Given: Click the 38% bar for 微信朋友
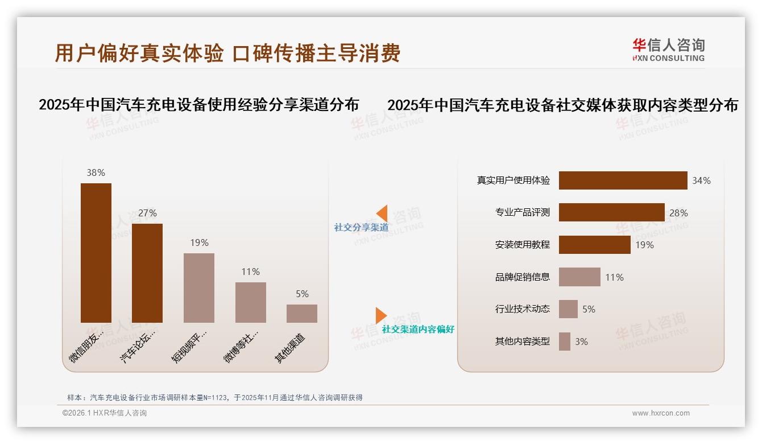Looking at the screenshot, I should click(x=96, y=253).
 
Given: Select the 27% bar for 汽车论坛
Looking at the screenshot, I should click(x=147, y=273).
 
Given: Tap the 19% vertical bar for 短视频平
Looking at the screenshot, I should click(x=199, y=288).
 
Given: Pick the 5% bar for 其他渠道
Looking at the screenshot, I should click(x=302, y=314).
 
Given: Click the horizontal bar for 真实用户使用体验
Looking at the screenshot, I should click(x=623, y=180).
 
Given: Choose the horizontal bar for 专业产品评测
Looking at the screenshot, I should click(x=611, y=212).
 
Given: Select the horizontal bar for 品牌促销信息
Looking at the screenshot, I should click(x=579, y=277).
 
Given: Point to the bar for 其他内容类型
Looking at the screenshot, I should click(x=565, y=342).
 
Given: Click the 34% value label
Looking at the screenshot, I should click(x=701, y=181).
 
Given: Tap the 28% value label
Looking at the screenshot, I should click(x=678, y=213).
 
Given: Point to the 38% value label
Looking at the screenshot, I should click(x=96, y=172).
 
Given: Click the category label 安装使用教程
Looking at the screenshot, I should click(x=523, y=245).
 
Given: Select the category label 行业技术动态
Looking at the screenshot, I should click(x=523, y=309).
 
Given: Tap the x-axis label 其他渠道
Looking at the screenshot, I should click(x=290, y=348).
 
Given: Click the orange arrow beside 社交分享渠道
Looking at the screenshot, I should click(x=382, y=213).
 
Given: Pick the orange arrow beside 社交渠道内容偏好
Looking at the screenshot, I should click(x=381, y=315).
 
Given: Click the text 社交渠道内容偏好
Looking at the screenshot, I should click(x=418, y=330).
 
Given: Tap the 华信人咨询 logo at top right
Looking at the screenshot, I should click(x=668, y=50).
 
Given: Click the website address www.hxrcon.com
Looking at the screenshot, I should click(x=661, y=413).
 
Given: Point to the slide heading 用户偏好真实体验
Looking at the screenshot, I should click(x=139, y=53).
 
